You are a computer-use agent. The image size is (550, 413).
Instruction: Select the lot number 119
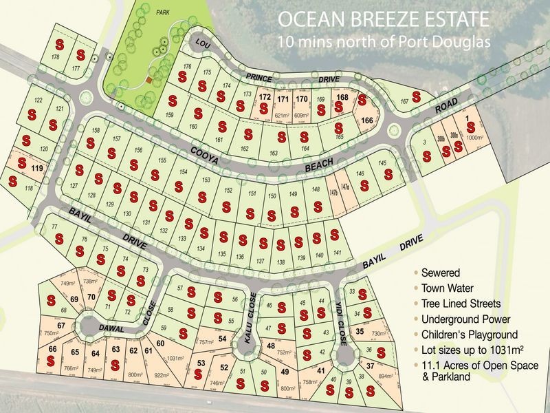[x=36, y=168]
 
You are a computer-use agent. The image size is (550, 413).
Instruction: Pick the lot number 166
[x=366, y=121]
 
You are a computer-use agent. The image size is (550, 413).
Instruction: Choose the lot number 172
[x=265, y=97]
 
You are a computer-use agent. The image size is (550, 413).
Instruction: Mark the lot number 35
[x=360, y=331]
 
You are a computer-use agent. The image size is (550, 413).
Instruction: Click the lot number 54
[x=222, y=339]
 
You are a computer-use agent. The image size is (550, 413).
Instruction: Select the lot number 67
[x=61, y=326]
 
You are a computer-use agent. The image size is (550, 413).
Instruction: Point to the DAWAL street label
[x=110, y=329]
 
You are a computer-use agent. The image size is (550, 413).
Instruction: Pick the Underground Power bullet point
[x=467, y=319]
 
